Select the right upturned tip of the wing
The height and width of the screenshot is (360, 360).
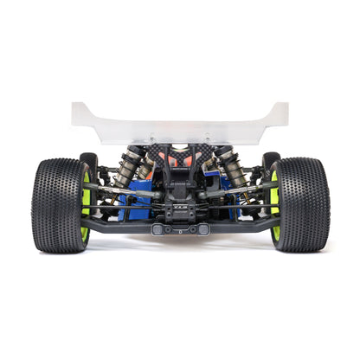pos(281,110)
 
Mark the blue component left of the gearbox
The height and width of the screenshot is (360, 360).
pos(138,206)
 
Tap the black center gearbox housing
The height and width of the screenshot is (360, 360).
pos(180,208)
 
